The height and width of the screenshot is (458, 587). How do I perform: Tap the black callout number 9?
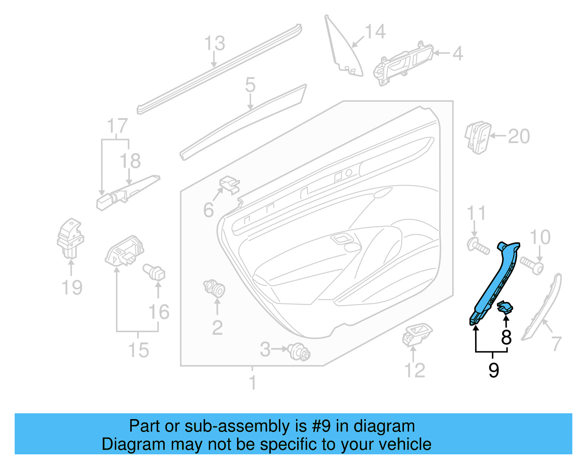pyautogui.click(x=494, y=370)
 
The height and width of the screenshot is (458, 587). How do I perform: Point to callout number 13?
pyautogui.click(x=215, y=43)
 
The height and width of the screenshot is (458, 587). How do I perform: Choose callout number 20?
pyautogui.click(x=519, y=136)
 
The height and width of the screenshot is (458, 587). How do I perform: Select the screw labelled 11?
pyautogui.click(x=478, y=246)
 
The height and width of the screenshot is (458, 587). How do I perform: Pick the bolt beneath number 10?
pyautogui.click(x=532, y=265)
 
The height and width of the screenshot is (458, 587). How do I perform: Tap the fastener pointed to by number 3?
pyautogui.click(x=299, y=352)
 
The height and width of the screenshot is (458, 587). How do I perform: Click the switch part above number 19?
pyautogui.click(x=70, y=238)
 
